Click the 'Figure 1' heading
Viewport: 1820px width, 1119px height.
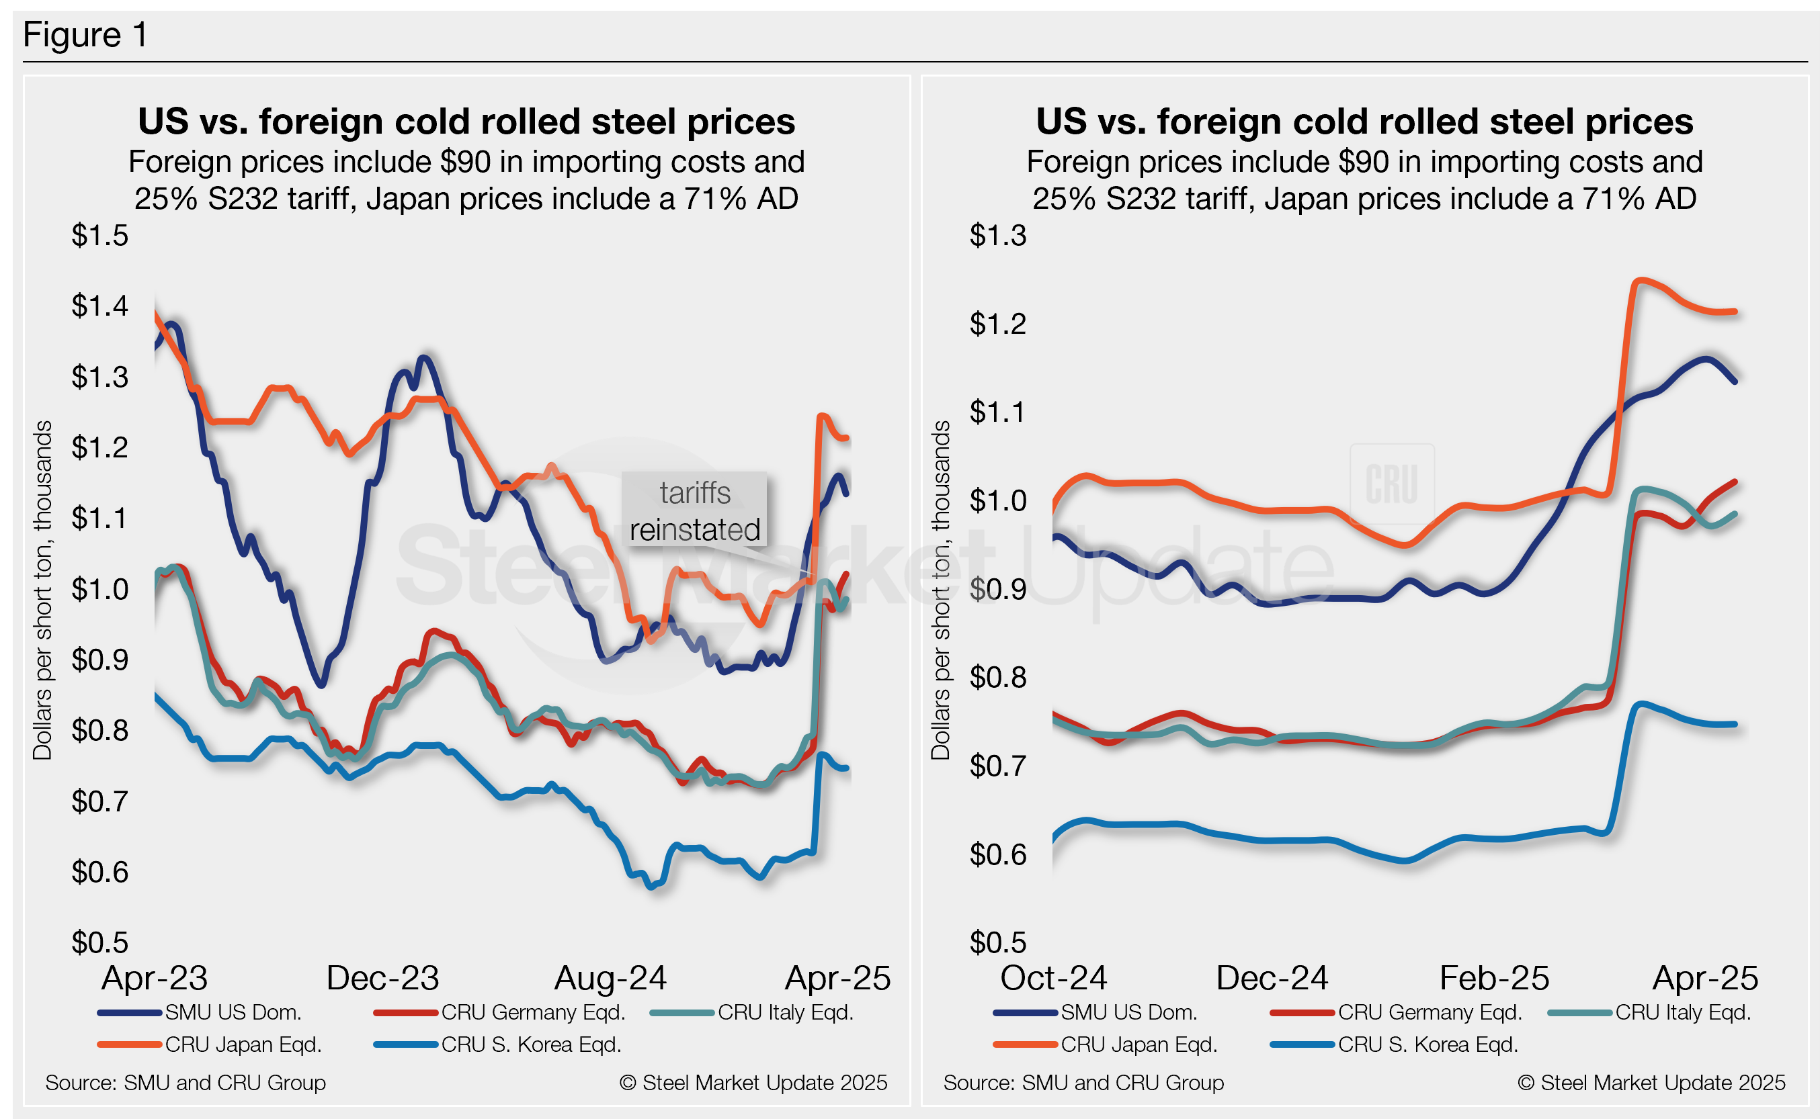tap(85, 35)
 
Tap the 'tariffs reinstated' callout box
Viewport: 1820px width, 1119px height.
tap(694, 511)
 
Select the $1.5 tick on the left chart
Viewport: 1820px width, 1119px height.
tap(100, 235)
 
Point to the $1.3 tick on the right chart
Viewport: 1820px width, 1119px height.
tap(997, 235)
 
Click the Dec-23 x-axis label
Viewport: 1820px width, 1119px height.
tap(383, 979)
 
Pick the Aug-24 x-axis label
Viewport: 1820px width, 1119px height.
tap(611, 979)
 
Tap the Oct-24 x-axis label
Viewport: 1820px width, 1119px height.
tap(1054, 979)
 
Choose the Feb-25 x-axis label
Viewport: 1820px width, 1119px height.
tap(1494, 979)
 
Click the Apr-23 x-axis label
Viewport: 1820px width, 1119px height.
tap(155, 979)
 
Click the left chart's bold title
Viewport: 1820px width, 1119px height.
tap(466, 122)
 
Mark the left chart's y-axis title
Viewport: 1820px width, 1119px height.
tap(43, 590)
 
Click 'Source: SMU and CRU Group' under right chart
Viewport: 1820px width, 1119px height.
tap(1083, 1083)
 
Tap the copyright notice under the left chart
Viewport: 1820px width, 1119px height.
tap(753, 1083)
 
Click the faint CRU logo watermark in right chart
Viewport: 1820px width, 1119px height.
tap(1392, 484)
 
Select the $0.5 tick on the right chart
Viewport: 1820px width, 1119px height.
tap(997, 942)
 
